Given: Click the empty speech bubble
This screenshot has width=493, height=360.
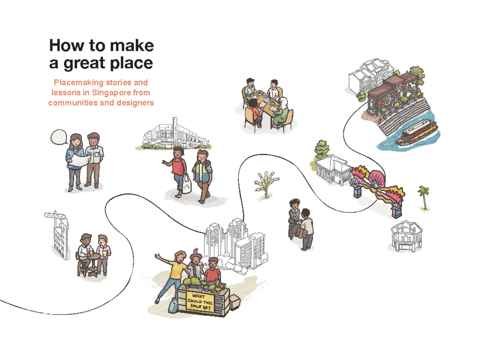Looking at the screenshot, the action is pyautogui.click(x=59, y=137).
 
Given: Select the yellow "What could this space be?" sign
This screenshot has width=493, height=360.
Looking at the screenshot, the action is pyautogui.click(x=200, y=302).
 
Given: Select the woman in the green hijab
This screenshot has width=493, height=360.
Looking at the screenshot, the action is pyautogui.click(x=282, y=112).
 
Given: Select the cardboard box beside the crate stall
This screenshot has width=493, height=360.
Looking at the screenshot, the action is pyautogui.click(x=235, y=303).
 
